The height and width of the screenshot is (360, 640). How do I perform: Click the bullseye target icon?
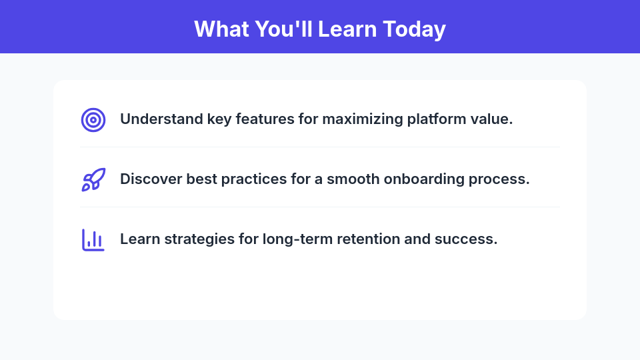click(93, 120)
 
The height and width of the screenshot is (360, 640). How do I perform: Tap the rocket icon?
click(93, 180)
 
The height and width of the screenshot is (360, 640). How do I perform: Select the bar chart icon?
click(93, 240)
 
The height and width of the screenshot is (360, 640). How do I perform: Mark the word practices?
click(248, 180)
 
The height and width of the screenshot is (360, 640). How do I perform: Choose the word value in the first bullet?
click(494, 120)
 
